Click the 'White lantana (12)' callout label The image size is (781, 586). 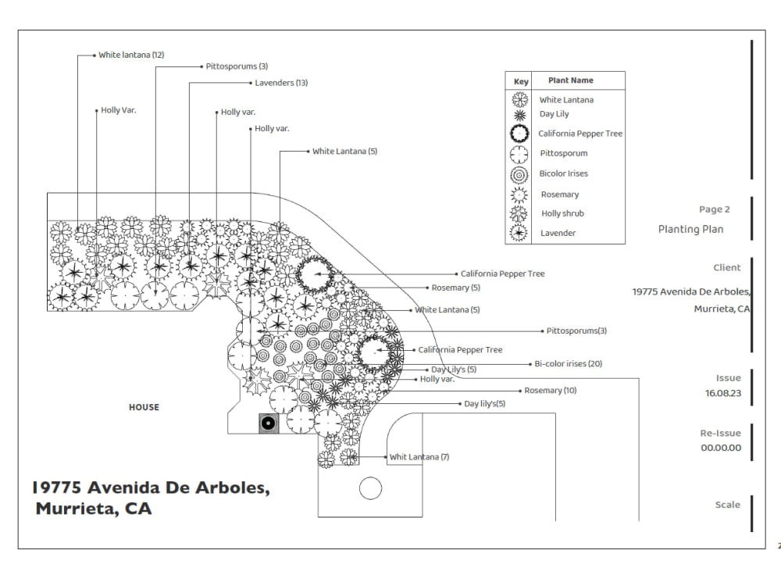[131, 55]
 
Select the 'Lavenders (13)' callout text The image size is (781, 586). [281, 83]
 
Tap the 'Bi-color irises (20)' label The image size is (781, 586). [569, 364]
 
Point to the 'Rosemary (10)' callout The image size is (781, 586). [551, 390]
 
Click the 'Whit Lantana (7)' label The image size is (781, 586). [419, 457]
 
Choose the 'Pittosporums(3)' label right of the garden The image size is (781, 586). [576, 331]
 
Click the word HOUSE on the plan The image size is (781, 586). [144, 407]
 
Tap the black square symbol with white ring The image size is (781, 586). [269, 423]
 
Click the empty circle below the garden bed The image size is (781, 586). [370, 488]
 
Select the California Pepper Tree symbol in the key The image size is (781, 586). [519, 134]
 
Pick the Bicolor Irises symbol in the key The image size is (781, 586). [519, 175]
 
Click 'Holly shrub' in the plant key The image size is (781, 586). [562, 213]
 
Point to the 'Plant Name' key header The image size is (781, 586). [571, 80]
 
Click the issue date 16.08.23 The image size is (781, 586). [722, 393]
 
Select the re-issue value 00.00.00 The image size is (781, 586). [721, 448]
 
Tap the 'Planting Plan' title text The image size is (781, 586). [691, 229]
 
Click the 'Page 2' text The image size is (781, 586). [715, 209]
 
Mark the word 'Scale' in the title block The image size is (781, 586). [728, 505]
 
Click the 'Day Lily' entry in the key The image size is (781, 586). [554, 114]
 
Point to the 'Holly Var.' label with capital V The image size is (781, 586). [119, 110]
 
